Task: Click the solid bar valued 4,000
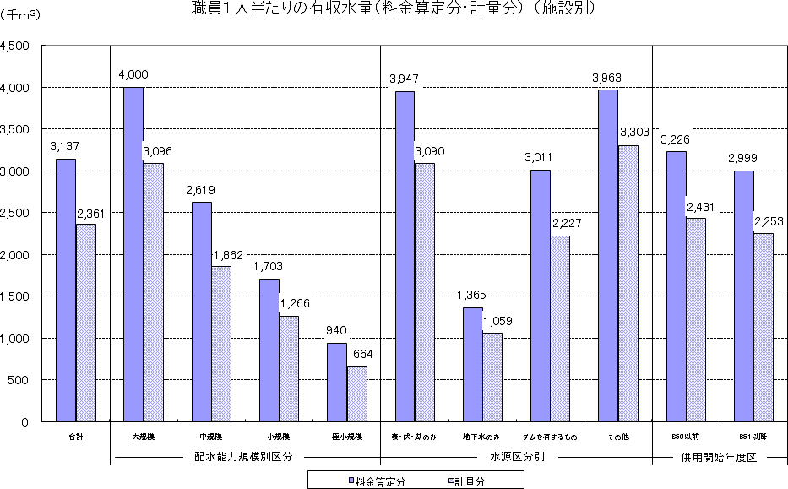(133, 253)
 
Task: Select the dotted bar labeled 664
(357, 394)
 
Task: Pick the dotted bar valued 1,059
(492, 377)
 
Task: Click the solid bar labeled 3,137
(66, 290)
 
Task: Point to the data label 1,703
(269, 266)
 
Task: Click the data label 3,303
(633, 133)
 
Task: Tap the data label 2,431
(701, 204)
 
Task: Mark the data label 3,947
(405, 79)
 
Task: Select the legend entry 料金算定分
(377, 481)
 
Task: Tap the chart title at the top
(394, 9)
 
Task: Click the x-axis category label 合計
(76, 437)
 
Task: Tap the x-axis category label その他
(617, 437)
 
